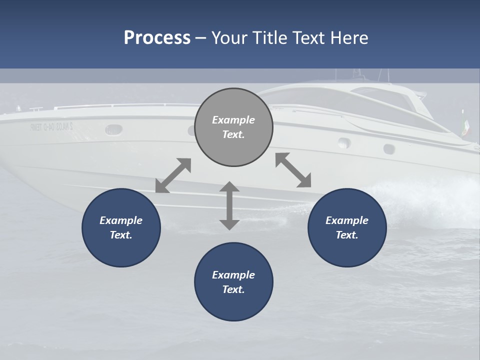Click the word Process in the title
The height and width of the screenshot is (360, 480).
[x=157, y=38]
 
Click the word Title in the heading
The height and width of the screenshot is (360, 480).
[x=268, y=38]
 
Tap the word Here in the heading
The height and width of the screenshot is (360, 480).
[x=349, y=38]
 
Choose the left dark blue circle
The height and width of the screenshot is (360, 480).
[x=121, y=227]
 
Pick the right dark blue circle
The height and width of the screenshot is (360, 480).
[x=347, y=227]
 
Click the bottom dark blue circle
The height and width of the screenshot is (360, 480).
[x=233, y=281]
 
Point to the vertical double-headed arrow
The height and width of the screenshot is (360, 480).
[x=229, y=205]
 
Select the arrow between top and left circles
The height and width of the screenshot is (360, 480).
[x=173, y=175]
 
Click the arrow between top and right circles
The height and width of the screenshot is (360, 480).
[x=293, y=170]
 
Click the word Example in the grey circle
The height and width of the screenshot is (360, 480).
[x=233, y=120]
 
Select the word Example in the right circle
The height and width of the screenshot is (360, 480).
[x=347, y=220]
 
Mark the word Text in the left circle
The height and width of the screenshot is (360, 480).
[x=120, y=235]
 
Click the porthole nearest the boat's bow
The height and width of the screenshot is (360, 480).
[x=114, y=129]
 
